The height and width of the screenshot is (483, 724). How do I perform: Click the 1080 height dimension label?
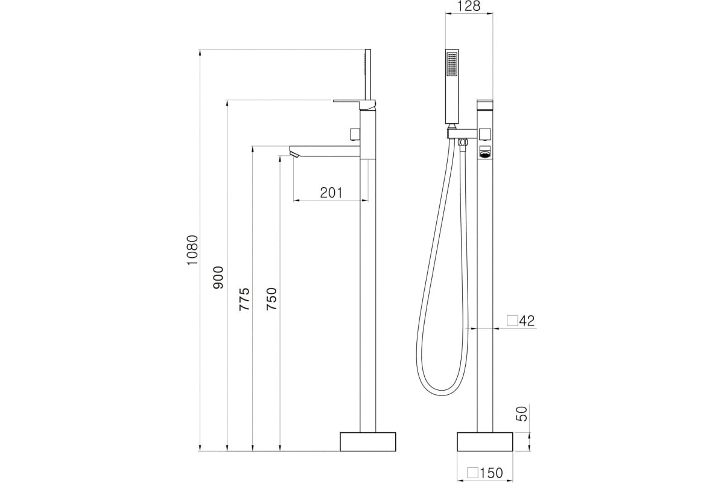click(x=192, y=250)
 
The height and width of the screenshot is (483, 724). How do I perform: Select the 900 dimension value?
click(x=218, y=278)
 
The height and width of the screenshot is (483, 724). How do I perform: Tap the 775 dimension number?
click(x=244, y=299)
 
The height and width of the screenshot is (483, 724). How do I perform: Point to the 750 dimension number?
click(x=271, y=299)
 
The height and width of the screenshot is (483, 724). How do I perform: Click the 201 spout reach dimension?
click(x=331, y=193)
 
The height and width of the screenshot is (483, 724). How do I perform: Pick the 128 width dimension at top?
click(x=469, y=6)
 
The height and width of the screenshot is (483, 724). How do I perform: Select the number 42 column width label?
click(x=527, y=321)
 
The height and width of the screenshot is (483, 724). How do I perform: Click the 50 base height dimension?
click(x=522, y=414)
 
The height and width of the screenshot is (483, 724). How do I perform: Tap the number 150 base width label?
click(x=491, y=473)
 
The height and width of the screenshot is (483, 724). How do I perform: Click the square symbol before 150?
click(x=472, y=473)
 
